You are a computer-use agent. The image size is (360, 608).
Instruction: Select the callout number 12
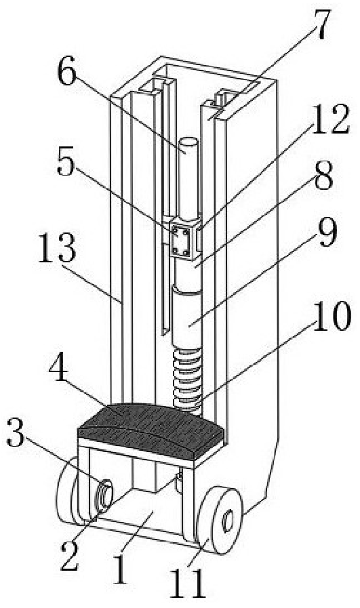(x=330, y=119)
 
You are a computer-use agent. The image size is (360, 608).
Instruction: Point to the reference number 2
(x=70, y=556)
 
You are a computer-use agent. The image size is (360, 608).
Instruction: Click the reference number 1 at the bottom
(x=121, y=569)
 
